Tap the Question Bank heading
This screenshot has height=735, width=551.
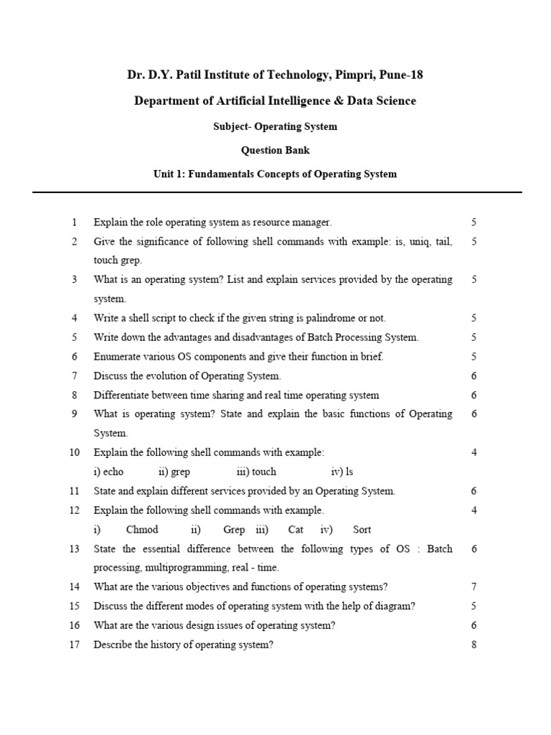point(275,150)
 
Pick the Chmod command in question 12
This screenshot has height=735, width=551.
point(142,530)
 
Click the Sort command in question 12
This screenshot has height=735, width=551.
point(362,530)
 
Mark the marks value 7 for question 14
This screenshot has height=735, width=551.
point(474,586)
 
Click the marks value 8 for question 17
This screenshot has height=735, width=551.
point(474,645)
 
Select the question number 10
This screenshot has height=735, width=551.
point(74,452)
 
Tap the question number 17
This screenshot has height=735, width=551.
point(74,645)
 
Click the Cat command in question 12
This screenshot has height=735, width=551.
point(296,530)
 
